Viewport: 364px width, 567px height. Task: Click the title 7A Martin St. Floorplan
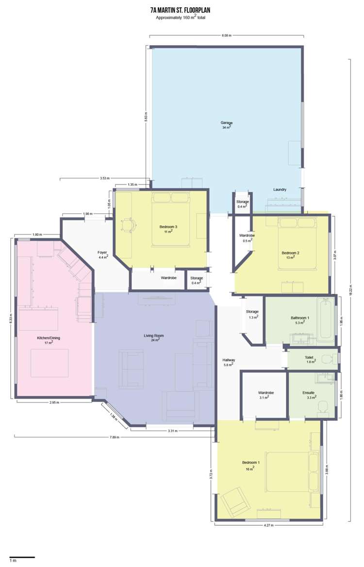[181, 10]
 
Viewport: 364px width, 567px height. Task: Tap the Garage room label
[227, 123]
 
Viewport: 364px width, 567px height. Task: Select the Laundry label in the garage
[280, 189]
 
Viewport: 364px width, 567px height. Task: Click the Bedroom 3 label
[168, 227]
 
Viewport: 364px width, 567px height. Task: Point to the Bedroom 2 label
[291, 253]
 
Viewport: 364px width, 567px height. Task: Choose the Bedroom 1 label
[251, 463]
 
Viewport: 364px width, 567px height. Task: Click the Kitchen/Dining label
[49, 338]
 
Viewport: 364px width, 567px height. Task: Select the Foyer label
[102, 252]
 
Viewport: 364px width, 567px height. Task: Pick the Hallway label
[229, 360]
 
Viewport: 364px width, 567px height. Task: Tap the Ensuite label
[308, 392]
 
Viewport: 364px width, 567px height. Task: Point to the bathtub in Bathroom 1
[325, 319]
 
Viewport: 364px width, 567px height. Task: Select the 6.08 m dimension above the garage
[226, 35]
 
